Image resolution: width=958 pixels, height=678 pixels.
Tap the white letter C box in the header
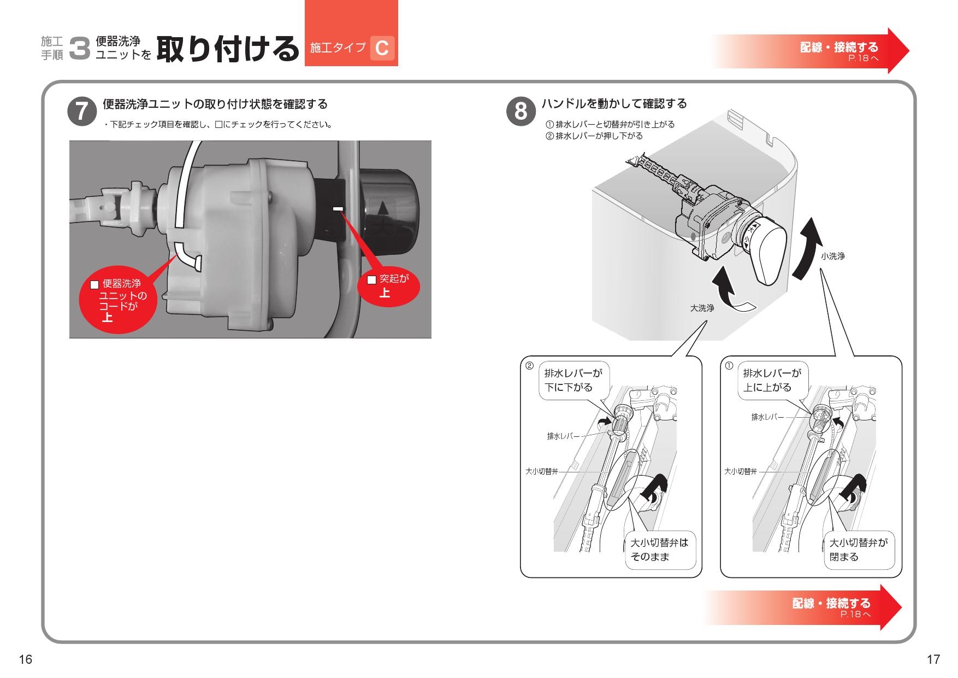point(382,48)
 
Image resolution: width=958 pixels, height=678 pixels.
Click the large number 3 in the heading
point(80,49)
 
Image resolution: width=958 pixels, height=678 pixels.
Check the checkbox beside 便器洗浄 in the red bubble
point(94,284)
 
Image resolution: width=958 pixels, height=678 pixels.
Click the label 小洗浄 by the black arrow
point(832,256)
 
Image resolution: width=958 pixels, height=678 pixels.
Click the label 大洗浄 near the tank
point(702,308)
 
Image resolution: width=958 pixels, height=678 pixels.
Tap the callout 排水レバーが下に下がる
point(573,381)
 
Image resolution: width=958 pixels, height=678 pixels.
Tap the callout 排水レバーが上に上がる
point(772,381)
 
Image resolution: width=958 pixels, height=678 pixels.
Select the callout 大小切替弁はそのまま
point(660,550)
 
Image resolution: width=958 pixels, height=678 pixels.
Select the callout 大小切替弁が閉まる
point(859,550)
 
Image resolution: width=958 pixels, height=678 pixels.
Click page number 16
point(26,659)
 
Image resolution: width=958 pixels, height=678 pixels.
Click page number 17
point(933,659)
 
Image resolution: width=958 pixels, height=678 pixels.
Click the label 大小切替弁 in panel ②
point(541,471)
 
